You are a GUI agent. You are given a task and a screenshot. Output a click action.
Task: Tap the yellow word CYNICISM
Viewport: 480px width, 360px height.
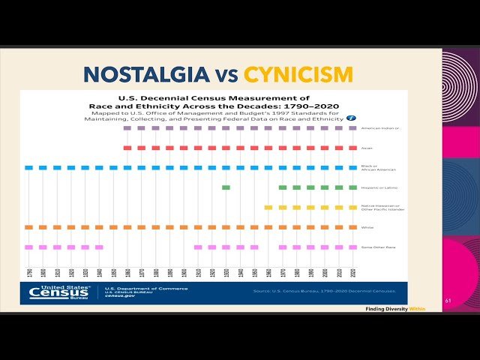click(299, 73)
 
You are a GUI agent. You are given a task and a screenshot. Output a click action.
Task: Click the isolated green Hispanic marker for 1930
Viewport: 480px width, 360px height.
click(226, 187)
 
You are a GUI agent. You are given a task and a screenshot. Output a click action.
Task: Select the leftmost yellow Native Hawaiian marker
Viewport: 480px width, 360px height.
click(268, 207)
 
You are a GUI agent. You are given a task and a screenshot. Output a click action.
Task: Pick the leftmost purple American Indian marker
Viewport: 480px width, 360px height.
click(127, 128)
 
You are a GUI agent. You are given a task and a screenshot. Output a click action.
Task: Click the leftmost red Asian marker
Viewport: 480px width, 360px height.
click(127, 148)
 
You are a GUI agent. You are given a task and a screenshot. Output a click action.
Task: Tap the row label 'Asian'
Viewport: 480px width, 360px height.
click(367, 148)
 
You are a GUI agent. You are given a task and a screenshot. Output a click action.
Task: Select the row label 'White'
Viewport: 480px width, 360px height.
click(367, 227)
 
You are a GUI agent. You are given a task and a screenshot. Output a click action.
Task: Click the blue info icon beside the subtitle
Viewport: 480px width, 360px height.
click(350, 118)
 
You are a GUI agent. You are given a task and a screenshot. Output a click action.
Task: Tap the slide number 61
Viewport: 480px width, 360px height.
click(448, 301)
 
